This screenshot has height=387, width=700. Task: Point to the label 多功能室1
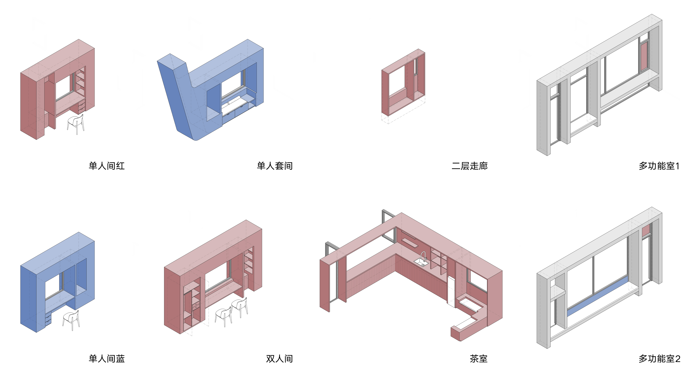tap(659, 166)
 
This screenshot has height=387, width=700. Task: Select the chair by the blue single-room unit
tap(71, 320)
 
